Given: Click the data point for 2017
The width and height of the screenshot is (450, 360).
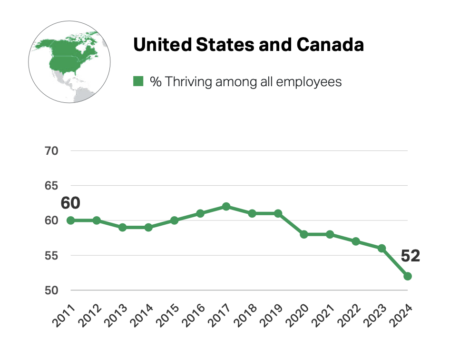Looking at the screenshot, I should click(226, 207).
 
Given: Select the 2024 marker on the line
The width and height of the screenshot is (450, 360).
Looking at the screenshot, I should click(408, 276).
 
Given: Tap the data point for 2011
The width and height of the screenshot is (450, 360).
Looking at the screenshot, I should click(70, 220).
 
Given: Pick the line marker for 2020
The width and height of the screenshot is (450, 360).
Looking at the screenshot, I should click(304, 234).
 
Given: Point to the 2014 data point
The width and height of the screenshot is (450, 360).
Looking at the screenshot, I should click(148, 228).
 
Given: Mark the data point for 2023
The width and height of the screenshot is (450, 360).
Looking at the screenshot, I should click(382, 248).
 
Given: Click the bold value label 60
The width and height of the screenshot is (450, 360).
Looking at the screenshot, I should click(70, 203).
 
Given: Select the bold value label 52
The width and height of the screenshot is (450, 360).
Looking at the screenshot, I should click(410, 256).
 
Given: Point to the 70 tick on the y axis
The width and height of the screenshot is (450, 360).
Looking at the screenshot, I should click(50, 151).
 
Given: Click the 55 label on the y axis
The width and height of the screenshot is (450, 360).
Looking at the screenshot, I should click(50, 256).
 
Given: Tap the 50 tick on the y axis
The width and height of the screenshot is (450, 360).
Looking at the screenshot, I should click(50, 290).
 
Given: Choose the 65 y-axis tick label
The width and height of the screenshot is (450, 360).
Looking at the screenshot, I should click(50, 186).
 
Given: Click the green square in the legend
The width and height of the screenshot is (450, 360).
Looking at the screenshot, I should click(138, 81).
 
